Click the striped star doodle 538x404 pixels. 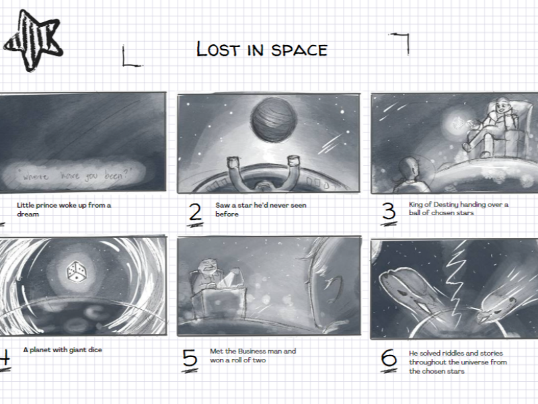[33, 40]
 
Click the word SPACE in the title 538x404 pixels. [299, 50]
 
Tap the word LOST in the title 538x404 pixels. [218, 48]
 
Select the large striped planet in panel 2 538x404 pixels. [274, 120]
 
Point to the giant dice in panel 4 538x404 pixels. [77, 272]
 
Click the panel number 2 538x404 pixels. [195, 213]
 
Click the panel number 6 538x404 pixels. [389, 360]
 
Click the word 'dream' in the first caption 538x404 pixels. [28, 214]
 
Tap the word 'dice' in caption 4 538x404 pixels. [95, 350]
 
